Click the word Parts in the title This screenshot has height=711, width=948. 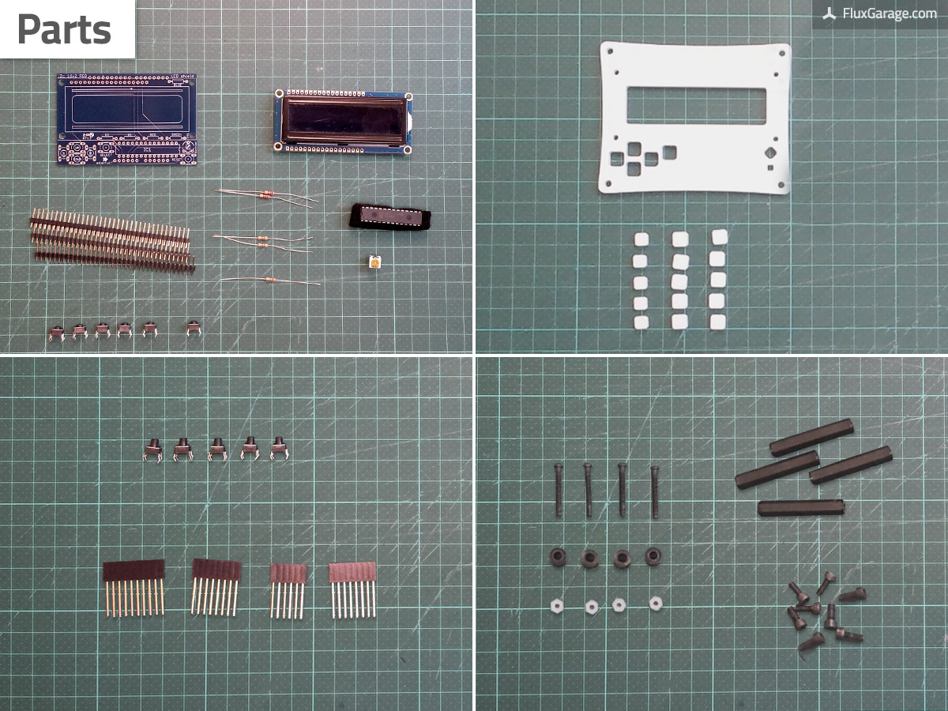64,30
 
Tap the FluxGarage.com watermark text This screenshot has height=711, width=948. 889,13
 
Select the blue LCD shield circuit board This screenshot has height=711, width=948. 127,118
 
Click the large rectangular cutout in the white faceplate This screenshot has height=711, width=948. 696,106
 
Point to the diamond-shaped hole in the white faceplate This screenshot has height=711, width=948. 770,152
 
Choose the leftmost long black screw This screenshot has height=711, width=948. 559,490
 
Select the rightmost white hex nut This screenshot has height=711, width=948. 655,604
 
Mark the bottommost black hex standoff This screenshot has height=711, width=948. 800,507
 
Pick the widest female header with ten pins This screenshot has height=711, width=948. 134,586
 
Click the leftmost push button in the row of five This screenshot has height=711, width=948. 153,450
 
